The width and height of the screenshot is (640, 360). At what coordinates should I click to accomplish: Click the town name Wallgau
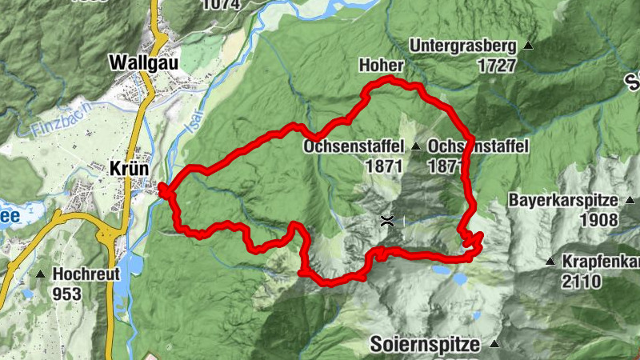point(144,62)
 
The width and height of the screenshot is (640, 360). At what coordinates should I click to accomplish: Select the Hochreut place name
point(86,274)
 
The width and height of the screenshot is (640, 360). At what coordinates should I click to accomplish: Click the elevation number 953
point(67,294)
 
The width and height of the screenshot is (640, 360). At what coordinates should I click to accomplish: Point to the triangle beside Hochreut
point(40,274)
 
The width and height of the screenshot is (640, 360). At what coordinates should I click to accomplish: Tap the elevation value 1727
point(497,66)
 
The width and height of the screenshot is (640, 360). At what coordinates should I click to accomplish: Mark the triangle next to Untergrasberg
point(528,46)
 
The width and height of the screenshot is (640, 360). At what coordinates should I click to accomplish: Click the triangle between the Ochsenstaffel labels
point(415,147)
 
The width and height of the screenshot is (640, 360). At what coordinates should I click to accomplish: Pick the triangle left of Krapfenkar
point(550,262)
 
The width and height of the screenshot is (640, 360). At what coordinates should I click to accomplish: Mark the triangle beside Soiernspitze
point(494,345)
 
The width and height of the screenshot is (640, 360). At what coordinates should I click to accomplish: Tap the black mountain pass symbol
point(387,222)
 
